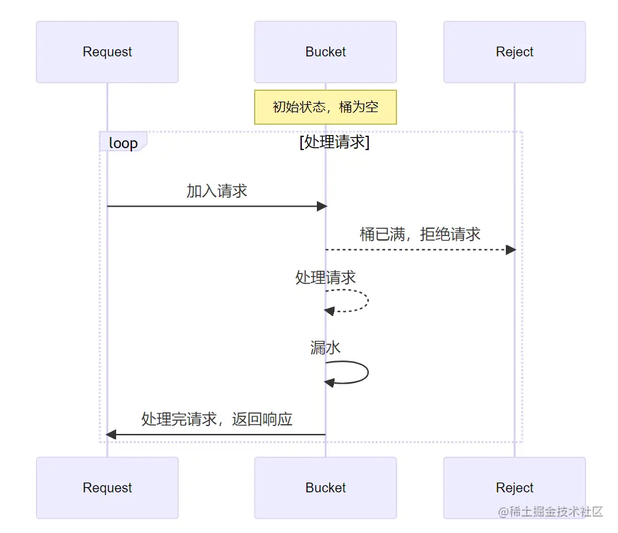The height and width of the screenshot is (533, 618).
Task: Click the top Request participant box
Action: pyautogui.click(x=107, y=52)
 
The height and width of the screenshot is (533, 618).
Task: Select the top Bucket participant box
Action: pyautogui.click(x=325, y=52)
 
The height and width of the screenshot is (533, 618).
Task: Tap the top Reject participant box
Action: pyautogui.click(x=514, y=52)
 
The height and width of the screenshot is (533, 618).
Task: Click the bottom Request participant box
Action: pyautogui.click(x=107, y=488)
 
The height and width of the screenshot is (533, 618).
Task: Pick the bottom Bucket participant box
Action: pyautogui.click(x=325, y=488)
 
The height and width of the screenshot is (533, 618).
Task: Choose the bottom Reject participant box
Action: pyautogui.click(x=514, y=488)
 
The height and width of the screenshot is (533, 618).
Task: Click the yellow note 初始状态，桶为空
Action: pyautogui.click(x=325, y=107)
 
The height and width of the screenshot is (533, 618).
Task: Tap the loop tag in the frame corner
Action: pyautogui.click(x=123, y=142)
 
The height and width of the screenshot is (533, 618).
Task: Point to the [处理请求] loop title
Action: pyautogui.click(x=334, y=142)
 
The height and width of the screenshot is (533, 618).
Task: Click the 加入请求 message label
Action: pyautogui.click(x=216, y=191)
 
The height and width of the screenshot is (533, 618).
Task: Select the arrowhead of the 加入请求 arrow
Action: pyautogui.click(x=321, y=207)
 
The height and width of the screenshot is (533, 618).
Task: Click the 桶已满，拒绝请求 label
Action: pyautogui.click(x=420, y=234)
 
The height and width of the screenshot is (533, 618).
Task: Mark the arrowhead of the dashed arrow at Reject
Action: pyautogui.click(x=510, y=250)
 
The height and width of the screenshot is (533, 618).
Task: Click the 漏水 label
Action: pyautogui.click(x=325, y=347)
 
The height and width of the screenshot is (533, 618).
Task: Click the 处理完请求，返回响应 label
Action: pyautogui.click(x=216, y=419)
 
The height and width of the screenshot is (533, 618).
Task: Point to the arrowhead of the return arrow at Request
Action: pyautogui.click(x=112, y=435)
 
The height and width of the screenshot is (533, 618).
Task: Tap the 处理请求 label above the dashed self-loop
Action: pyautogui.click(x=325, y=277)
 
